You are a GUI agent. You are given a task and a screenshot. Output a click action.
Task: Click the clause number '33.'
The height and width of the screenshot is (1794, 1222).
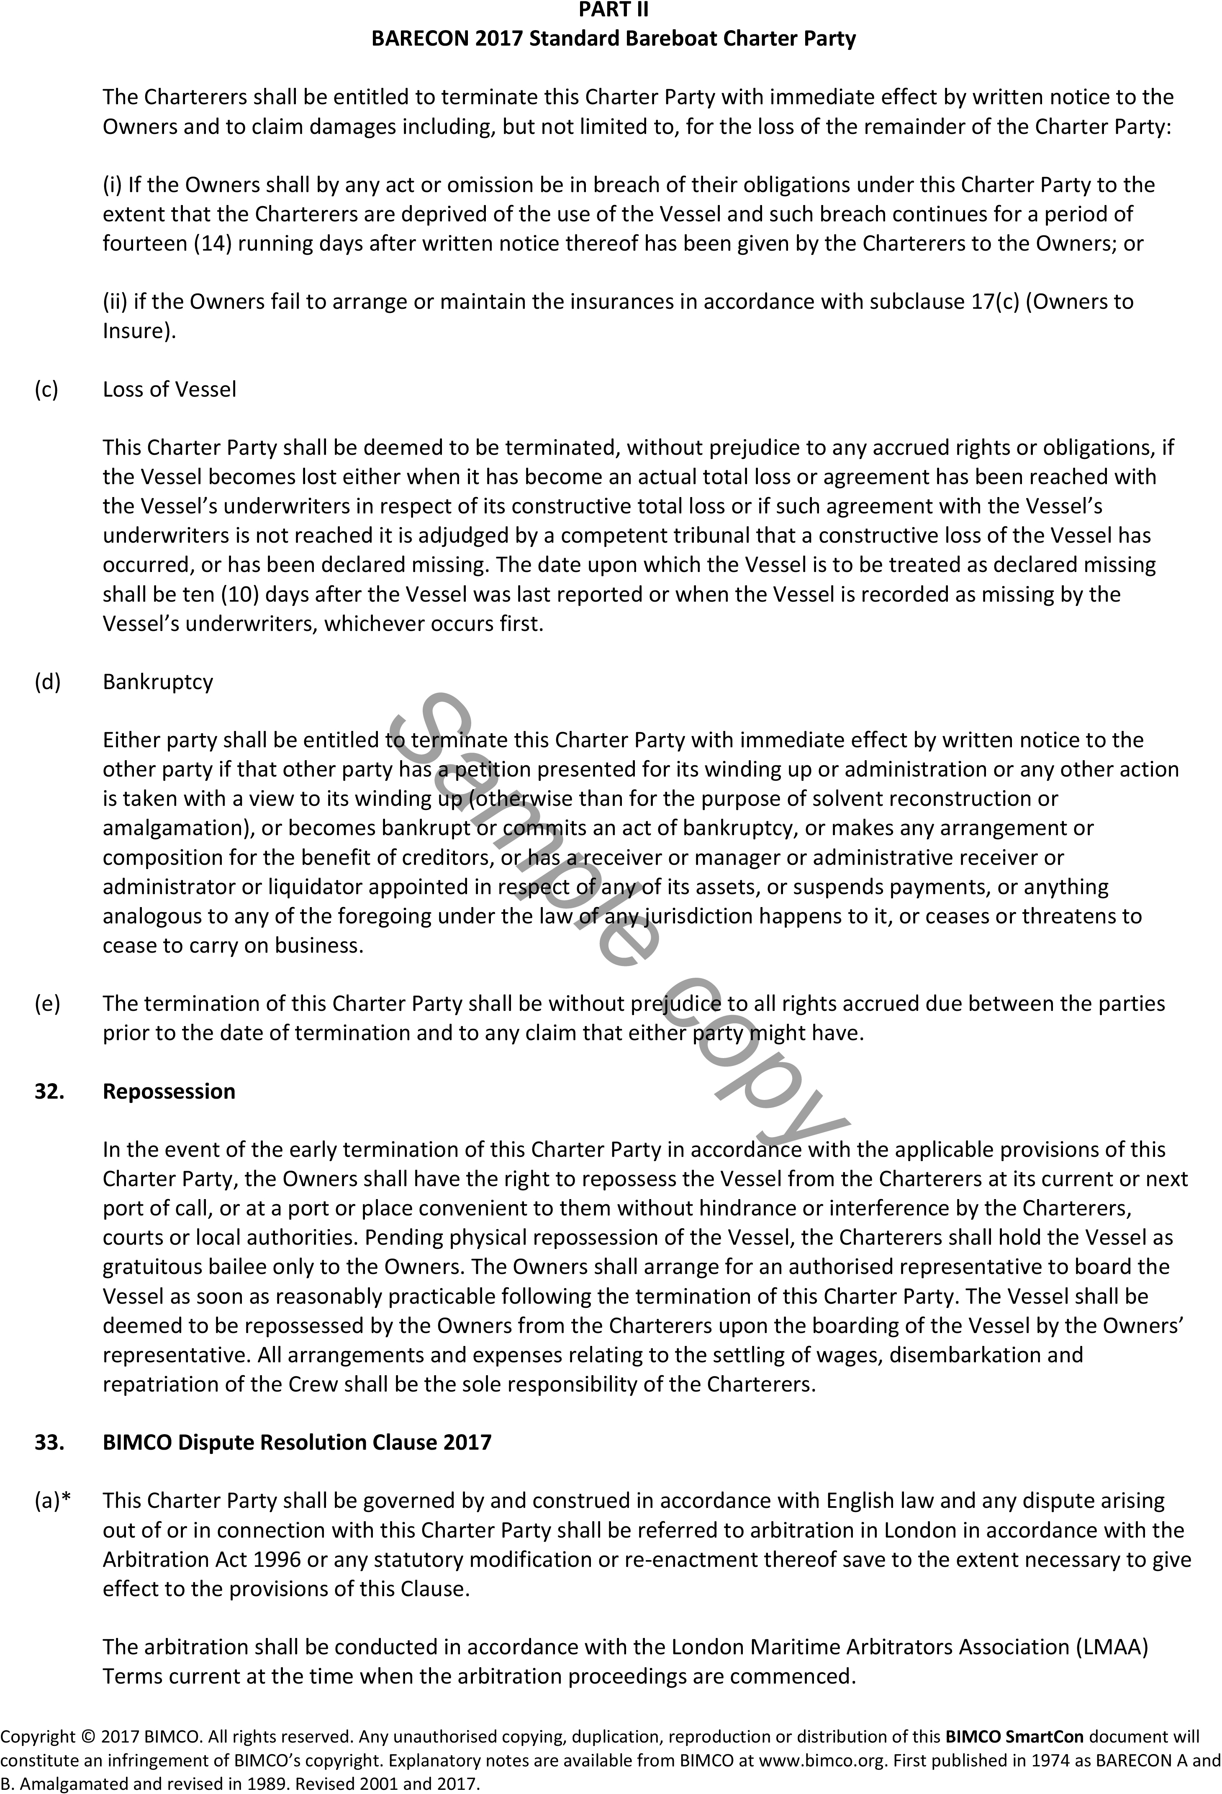click(49, 1442)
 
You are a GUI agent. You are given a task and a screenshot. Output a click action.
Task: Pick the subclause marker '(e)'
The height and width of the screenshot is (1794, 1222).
click(47, 1004)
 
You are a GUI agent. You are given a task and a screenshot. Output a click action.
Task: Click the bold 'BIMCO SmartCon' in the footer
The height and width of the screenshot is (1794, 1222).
click(1014, 1737)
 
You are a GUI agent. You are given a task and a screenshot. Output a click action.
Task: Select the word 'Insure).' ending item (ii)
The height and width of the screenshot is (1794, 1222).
click(139, 331)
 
